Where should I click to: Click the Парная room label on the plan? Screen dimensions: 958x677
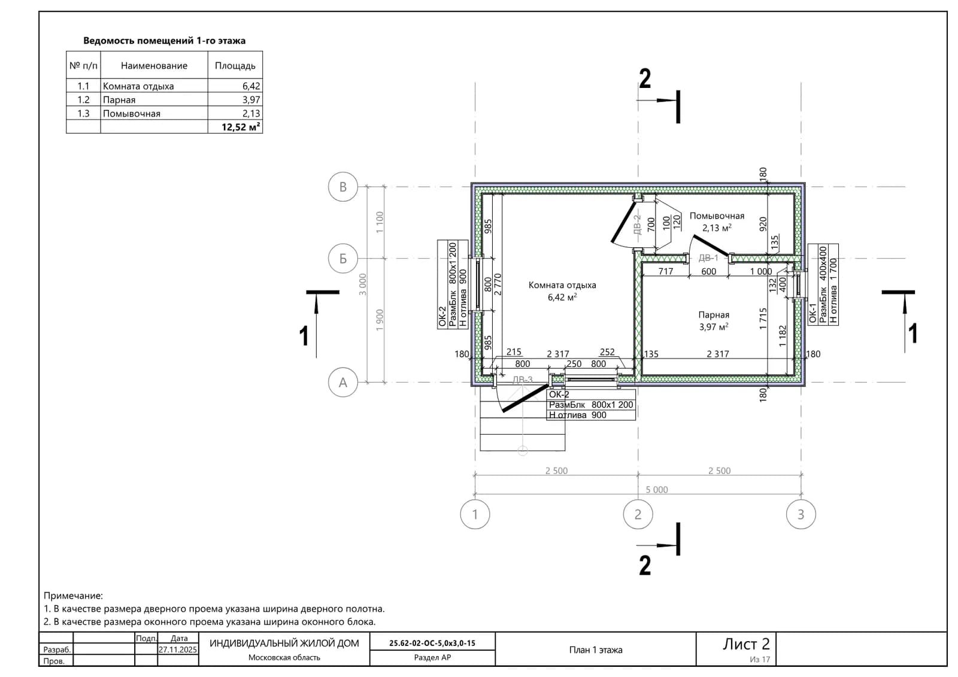coord(713,315)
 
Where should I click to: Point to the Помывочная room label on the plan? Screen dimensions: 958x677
coord(717,216)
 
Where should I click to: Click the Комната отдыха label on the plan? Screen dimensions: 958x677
coord(562,285)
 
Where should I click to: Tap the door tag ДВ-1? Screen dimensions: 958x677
coord(709,257)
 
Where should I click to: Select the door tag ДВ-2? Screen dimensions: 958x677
coord(637,225)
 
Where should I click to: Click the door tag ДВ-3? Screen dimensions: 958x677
coord(522,380)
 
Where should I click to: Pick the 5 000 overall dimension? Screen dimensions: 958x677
coord(656,489)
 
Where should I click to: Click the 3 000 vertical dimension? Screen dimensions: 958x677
coord(363,284)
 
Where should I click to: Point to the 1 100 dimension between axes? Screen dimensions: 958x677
coord(380,223)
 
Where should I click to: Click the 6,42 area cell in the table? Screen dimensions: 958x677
coord(251,86)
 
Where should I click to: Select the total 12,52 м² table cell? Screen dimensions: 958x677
coord(241,127)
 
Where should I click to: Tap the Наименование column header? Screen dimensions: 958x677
coord(154,65)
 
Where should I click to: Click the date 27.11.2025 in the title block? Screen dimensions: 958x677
coord(177,649)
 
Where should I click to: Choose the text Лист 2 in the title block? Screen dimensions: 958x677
coord(746,643)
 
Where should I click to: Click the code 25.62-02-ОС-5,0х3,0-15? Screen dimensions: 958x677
coord(432,643)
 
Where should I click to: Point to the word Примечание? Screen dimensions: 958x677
coord(73,596)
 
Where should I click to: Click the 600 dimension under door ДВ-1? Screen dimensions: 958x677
coord(709,272)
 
